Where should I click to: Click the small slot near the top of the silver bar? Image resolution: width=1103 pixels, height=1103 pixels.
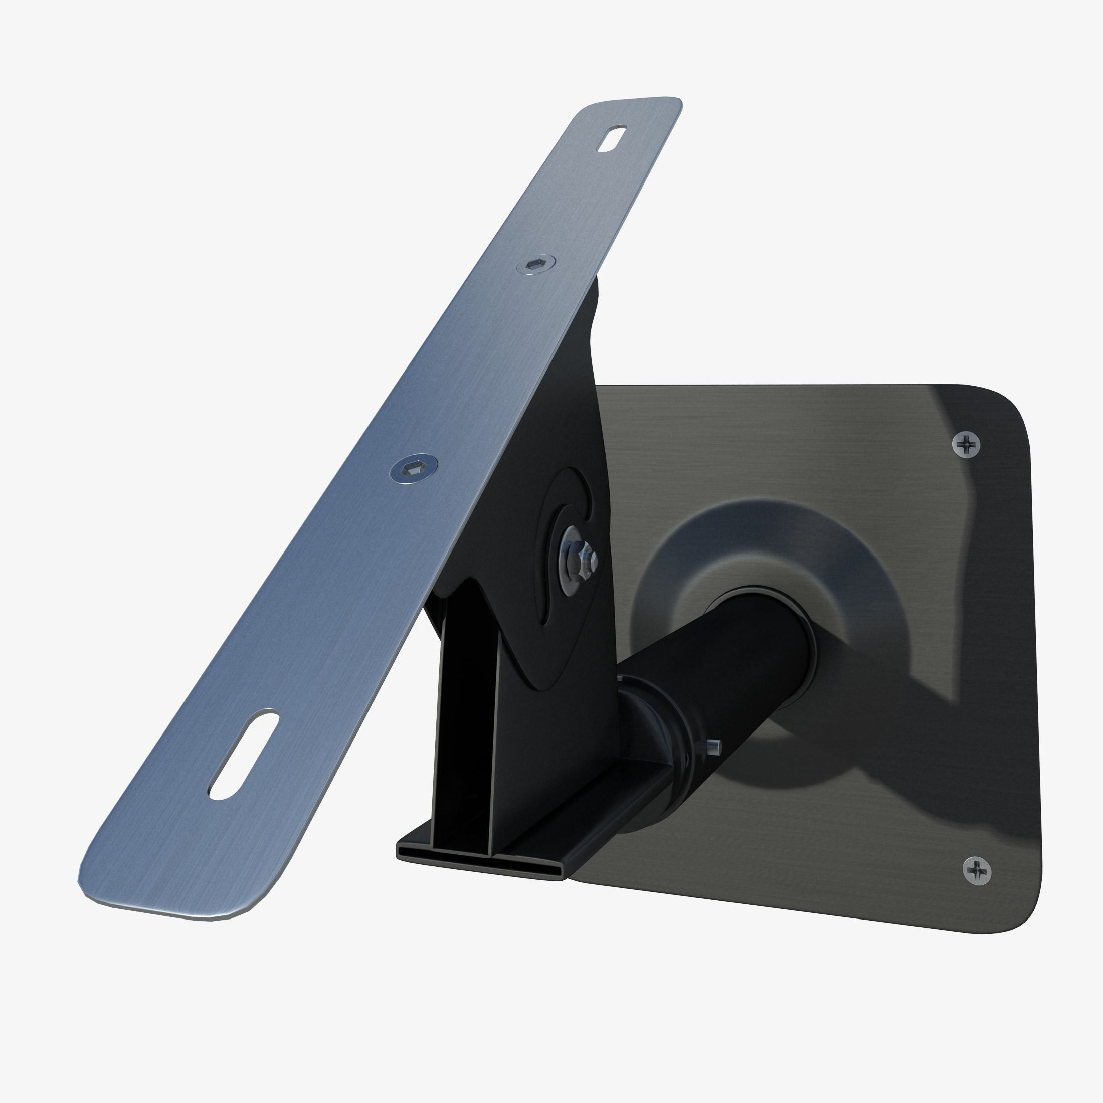tap(611, 139)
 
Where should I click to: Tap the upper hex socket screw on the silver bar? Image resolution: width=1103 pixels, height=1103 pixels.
tap(535, 264)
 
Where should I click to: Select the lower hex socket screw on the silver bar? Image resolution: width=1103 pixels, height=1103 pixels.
tap(413, 469)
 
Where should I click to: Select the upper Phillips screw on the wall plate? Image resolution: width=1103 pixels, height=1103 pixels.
tap(967, 444)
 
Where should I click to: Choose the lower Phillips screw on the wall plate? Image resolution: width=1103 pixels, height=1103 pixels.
tap(977, 871)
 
